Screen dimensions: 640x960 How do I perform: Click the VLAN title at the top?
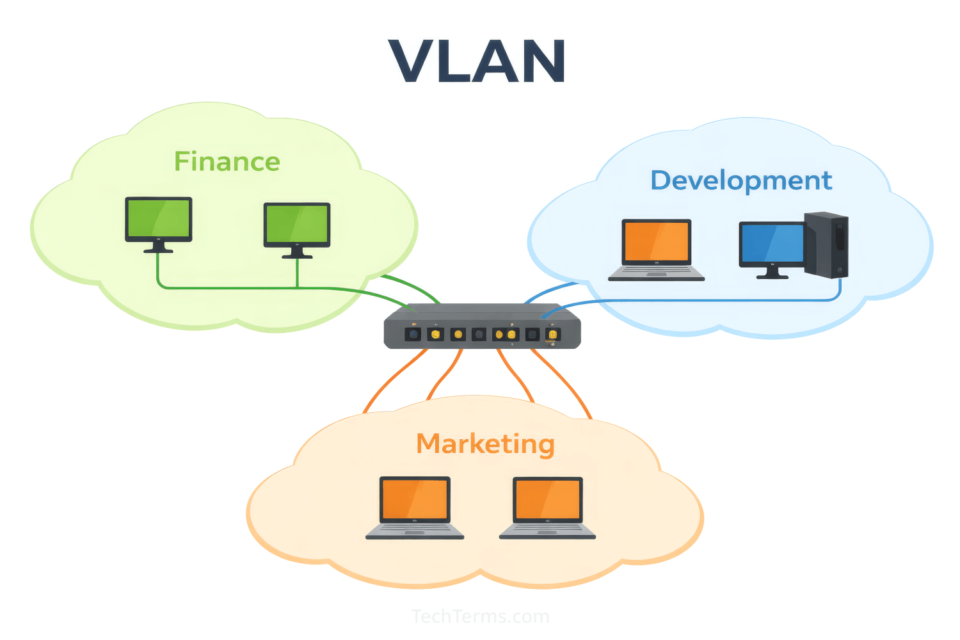477,61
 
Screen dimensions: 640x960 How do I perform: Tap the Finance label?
227,162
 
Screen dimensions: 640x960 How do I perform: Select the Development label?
741,180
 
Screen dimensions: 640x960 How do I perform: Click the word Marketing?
485,444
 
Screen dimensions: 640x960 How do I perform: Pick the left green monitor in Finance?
159,219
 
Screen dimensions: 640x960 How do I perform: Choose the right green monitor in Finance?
297,225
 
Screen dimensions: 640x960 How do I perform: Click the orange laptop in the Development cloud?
657,242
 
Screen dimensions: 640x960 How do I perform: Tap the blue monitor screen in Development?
772,243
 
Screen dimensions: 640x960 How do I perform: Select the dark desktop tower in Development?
827,244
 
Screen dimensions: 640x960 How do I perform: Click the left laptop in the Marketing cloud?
415,501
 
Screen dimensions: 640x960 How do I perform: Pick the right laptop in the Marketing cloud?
548,501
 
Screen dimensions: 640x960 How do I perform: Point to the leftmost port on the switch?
413,334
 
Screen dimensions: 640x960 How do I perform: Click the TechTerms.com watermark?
480,616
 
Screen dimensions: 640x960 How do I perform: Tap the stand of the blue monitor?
772,273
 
